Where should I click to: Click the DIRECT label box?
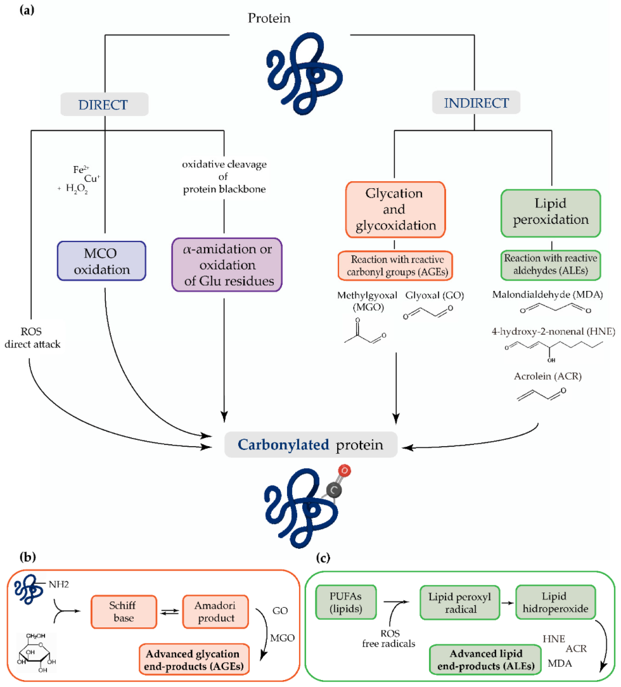point(105,105)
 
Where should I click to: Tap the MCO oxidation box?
point(102,260)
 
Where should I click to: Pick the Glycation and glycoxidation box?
point(397,209)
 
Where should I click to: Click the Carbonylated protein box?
point(312,445)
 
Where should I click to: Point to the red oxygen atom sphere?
point(343,471)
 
